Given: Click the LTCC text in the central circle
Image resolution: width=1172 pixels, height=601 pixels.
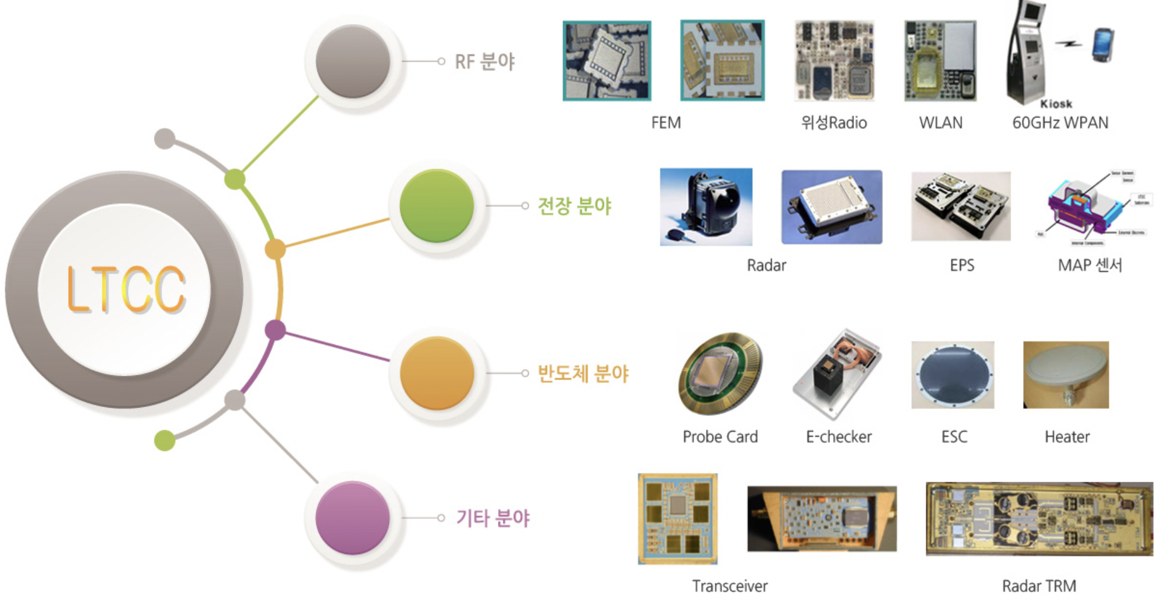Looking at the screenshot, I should [125, 290].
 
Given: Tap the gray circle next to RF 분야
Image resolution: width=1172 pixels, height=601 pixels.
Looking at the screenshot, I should [353, 61].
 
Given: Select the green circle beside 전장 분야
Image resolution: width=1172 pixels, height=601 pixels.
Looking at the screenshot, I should [437, 206].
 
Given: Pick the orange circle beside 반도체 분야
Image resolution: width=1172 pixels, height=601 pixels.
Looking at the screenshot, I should [437, 373].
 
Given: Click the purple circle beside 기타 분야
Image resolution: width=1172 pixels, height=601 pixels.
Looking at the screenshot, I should [353, 518].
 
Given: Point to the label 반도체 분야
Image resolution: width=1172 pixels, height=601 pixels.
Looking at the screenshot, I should [582, 374].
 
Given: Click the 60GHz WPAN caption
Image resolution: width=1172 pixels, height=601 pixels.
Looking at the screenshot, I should [1060, 123].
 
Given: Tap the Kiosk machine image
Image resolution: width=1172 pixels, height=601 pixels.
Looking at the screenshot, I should [1027, 51].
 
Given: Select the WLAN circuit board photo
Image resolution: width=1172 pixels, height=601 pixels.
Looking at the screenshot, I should [940, 61].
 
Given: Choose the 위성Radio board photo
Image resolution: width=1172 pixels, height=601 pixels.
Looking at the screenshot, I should [834, 60].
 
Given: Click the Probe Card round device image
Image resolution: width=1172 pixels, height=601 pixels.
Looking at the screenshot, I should [720, 373].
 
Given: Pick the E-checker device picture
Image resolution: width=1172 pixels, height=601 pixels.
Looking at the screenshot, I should [838, 373].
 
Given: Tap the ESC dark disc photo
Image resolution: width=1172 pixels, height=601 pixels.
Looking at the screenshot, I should [953, 375].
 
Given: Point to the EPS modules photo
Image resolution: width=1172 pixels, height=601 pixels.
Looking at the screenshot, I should [961, 206].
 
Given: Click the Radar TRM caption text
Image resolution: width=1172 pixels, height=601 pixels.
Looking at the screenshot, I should [1039, 586].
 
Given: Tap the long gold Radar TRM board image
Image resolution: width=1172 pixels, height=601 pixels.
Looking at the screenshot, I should [1039, 518].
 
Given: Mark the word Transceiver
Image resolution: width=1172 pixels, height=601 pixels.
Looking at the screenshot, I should [730, 586].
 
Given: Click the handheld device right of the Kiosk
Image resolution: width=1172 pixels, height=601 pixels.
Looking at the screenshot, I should [1103, 45].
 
